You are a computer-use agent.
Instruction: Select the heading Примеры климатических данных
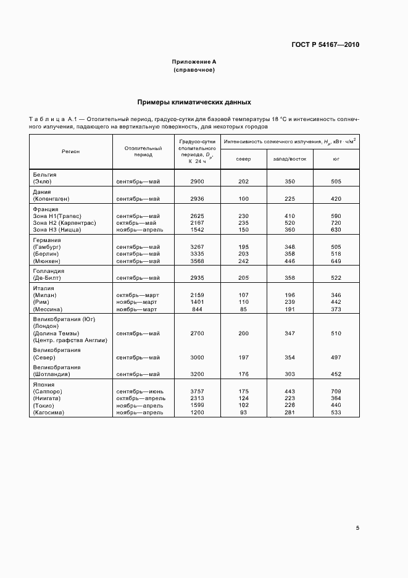(194, 102)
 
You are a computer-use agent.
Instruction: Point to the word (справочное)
(194, 70)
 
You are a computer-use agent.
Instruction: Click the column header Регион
(70, 151)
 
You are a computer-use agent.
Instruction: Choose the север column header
(243, 159)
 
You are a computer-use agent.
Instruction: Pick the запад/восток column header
(286, 159)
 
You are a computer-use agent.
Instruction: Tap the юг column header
(336, 159)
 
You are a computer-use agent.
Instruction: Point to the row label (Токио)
(44, 404)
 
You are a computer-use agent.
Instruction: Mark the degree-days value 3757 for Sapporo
(198, 391)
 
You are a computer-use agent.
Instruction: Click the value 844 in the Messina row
(198, 309)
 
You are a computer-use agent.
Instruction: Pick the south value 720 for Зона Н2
(336, 223)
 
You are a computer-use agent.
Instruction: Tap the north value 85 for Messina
(243, 309)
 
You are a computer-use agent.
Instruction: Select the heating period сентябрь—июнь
(139, 391)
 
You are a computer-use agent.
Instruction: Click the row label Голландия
(49, 270)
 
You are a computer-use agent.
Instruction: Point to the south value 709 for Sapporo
(336, 391)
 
